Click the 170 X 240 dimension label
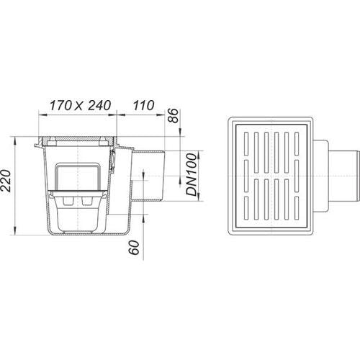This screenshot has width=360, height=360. (80, 106)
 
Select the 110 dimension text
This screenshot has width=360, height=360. (144, 106)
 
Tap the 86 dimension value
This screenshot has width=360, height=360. (174, 116)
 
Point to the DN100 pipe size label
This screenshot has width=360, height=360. (192, 175)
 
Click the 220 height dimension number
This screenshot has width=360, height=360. (6, 181)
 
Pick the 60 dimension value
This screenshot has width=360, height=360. (134, 248)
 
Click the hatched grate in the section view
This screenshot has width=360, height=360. (78, 138)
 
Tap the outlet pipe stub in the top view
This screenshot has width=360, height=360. (344, 176)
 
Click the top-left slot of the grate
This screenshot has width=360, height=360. (246, 143)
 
